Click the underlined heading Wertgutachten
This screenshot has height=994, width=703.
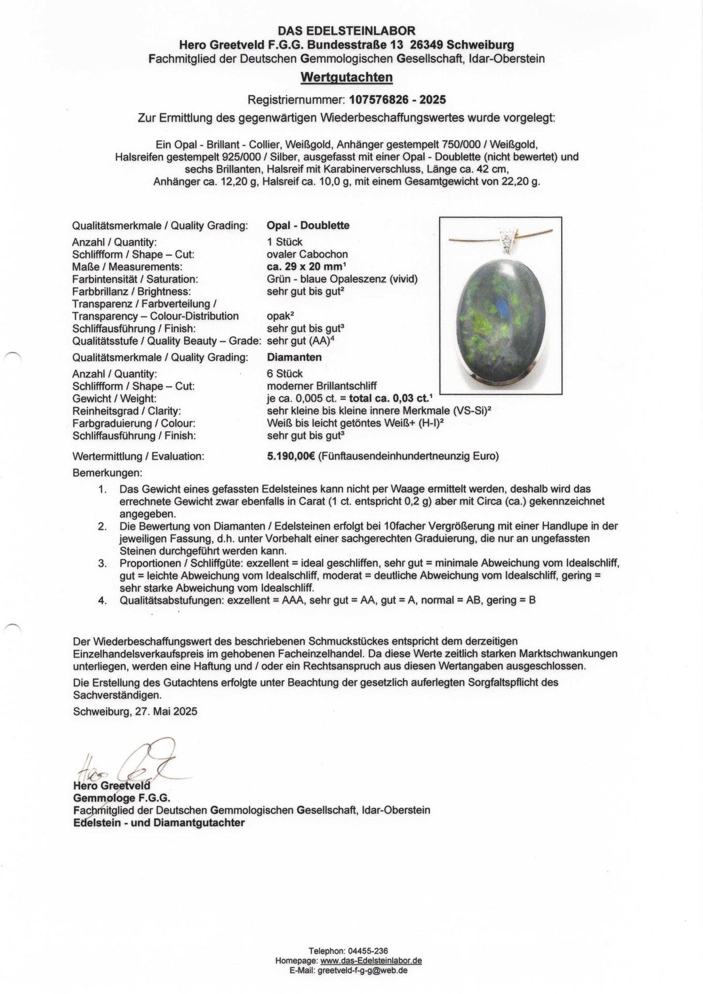347,78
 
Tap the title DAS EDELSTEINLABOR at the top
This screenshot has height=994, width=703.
347,32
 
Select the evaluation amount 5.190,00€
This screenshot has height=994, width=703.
291,456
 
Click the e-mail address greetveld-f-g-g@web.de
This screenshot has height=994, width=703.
362,970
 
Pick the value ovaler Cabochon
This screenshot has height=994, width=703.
307,254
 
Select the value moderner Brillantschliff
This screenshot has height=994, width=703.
321,386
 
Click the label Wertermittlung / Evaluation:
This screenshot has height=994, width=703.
138,457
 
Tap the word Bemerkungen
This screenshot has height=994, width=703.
107,473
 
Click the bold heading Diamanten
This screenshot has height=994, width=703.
294,357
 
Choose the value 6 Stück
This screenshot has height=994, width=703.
285,374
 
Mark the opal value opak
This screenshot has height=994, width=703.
277,316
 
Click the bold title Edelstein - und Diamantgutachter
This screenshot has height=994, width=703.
159,823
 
